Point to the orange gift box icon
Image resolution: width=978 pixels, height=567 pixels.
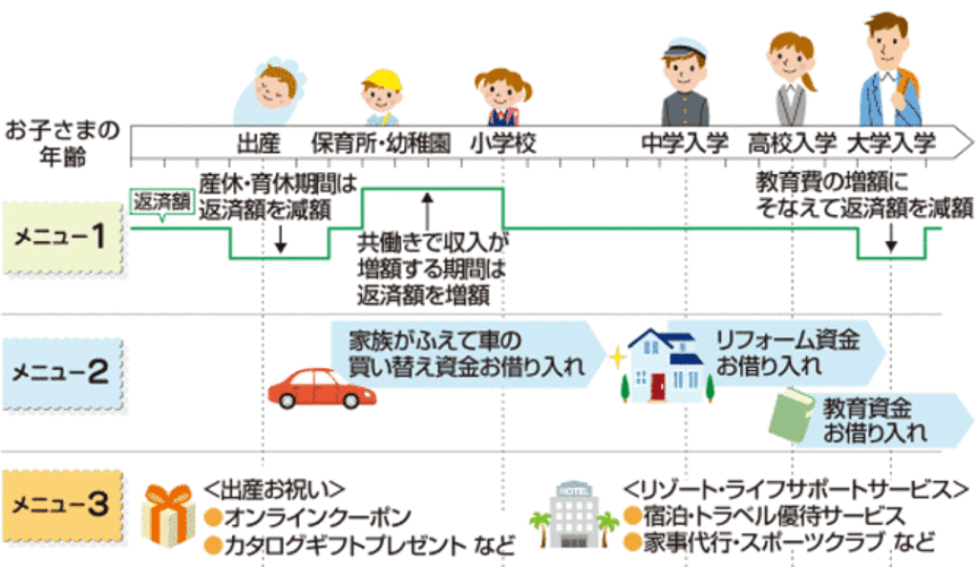169,514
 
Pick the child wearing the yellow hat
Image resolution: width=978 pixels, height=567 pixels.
381,96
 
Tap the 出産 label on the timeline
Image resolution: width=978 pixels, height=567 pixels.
258,143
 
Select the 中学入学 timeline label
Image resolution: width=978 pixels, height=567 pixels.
684,143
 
